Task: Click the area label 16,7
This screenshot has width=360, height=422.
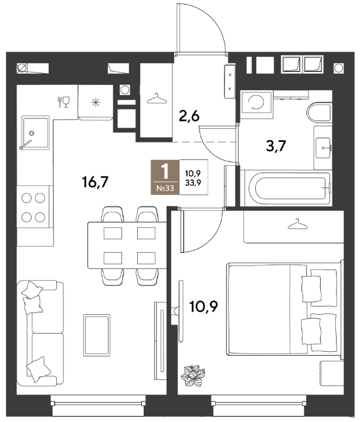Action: click(95, 182)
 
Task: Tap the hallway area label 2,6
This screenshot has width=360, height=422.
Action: click(189, 116)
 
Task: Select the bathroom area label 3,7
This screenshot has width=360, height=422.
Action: click(276, 146)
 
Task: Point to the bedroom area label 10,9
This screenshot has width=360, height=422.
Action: click(203, 307)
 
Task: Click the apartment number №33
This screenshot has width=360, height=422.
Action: click(165, 188)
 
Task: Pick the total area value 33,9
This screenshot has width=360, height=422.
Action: click(193, 183)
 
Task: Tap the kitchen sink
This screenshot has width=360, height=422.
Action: click(36, 132)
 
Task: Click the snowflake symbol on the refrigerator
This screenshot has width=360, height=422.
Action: click(96, 103)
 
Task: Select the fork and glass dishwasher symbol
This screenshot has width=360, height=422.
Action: click(63, 102)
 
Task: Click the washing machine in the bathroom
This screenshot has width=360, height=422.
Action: click(257, 102)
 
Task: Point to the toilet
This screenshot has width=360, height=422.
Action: click(318, 113)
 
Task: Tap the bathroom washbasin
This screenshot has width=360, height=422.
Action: click(322, 148)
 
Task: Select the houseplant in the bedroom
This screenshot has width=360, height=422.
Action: click(193, 376)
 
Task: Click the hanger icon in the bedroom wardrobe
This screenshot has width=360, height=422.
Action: click(297, 224)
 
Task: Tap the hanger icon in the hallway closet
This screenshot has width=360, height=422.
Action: click(157, 98)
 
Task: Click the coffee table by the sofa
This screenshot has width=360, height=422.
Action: click(97, 335)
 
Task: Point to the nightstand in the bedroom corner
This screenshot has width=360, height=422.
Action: click(332, 373)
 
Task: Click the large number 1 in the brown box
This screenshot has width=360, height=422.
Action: click(165, 171)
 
